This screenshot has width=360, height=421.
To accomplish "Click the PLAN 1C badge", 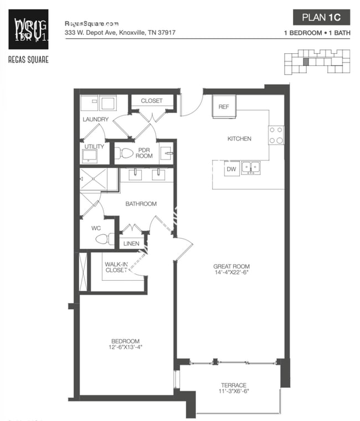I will (321, 17).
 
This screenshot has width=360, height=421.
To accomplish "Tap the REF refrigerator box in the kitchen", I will (224, 107).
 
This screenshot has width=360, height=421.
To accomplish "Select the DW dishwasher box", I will (231, 170).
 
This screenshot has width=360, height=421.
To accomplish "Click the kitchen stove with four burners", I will (276, 135).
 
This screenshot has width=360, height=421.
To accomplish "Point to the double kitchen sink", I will (251, 167).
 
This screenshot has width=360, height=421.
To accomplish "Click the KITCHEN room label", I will (239, 138).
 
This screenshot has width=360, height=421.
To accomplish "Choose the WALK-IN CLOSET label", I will (116, 267).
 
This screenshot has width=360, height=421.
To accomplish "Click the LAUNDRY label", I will (95, 119).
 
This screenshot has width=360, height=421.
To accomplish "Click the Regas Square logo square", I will (28, 29).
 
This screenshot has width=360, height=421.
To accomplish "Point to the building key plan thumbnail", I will (317, 61).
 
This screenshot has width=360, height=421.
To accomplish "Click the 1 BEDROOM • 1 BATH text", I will (316, 33).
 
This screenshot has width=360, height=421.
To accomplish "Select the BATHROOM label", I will (141, 204).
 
